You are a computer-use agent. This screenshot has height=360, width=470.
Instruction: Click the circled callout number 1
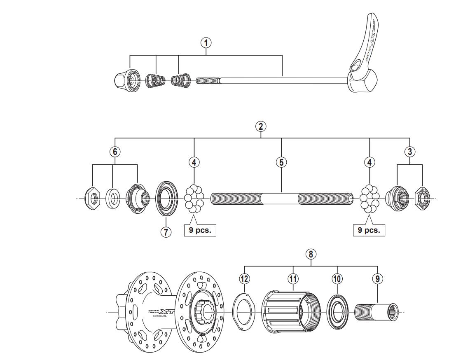pyautogui.click(x=206, y=42)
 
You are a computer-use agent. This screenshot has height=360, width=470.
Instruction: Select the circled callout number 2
pyautogui.click(x=260, y=126)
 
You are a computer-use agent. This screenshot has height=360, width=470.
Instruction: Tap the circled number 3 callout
pyautogui.click(x=409, y=152)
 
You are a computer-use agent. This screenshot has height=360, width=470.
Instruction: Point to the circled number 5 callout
pyautogui.click(x=281, y=162)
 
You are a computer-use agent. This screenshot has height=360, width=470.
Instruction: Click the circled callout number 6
pyautogui.click(x=115, y=152)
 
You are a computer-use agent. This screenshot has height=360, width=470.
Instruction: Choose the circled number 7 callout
pyautogui.click(x=166, y=232)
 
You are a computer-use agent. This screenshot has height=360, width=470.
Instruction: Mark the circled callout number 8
pyautogui.click(x=311, y=254)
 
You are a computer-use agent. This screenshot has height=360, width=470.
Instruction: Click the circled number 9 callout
pyautogui.click(x=377, y=279)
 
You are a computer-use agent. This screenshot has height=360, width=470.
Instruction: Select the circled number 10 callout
pyautogui.click(x=337, y=279)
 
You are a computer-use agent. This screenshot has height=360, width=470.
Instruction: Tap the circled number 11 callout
pyautogui.click(x=293, y=279)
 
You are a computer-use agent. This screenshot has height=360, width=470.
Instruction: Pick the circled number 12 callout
pyautogui.click(x=244, y=279)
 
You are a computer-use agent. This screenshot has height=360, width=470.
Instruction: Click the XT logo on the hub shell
pyautogui.click(x=166, y=312)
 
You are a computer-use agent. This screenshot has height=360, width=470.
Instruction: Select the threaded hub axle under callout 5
pyautogui.click(x=281, y=199)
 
